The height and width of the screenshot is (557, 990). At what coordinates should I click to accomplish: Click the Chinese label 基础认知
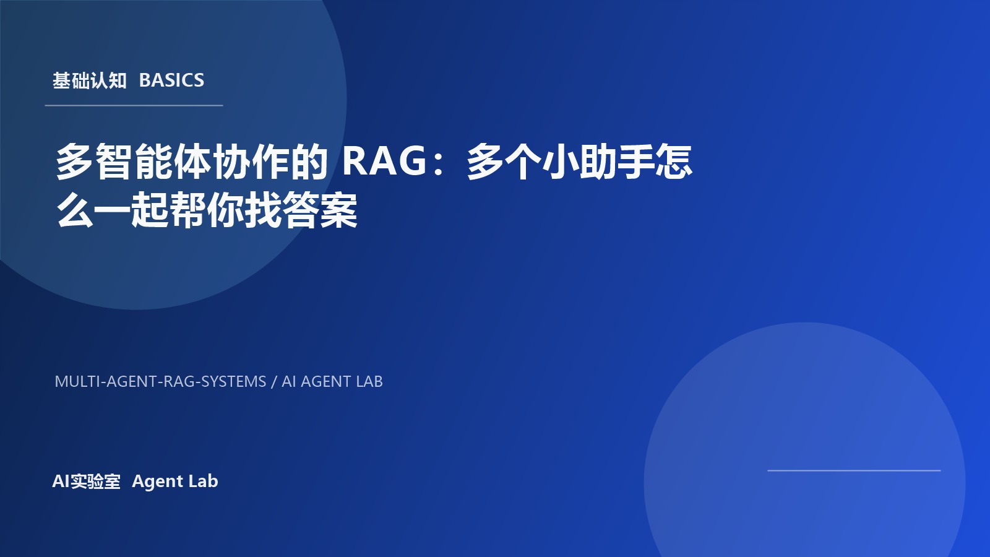click(x=89, y=80)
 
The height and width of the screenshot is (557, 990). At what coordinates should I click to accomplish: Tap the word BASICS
click(x=171, y=80)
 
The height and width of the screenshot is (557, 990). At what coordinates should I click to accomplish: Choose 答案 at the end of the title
click(x=321, y=210)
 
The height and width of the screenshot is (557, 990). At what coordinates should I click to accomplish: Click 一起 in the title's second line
click(x=131, y=210)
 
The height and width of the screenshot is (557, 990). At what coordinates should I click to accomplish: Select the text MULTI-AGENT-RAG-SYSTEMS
click(x=160, y=381)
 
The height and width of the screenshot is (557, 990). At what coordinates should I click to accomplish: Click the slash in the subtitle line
click(x=274, y=382)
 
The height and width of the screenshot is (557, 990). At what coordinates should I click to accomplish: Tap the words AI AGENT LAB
click(x=332, y=381)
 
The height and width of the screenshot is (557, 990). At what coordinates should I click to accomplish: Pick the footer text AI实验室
click(x=86, y=481)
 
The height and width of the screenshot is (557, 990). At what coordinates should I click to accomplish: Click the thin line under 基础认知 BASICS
click(x=134, y=105)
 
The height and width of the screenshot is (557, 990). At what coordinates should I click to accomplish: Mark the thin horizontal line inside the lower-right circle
click(x=854, y=470)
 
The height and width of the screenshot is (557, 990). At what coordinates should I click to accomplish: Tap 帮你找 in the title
click(x=244, y=210)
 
